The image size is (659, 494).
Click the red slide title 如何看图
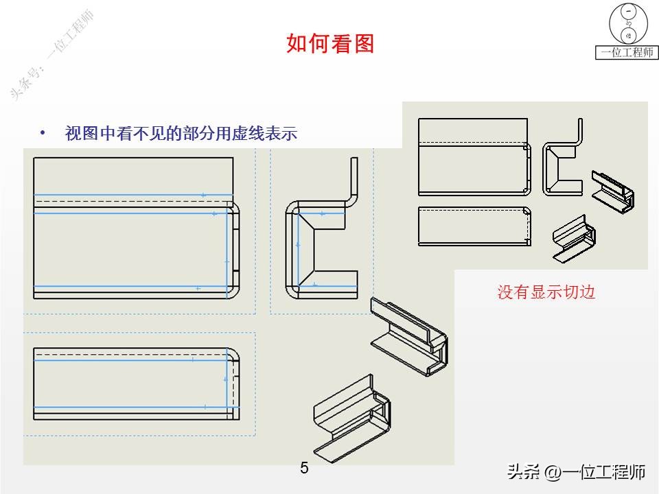tap(330, 44)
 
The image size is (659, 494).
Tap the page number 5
tap(304, 469)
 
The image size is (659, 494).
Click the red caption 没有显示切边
tap(546, 292)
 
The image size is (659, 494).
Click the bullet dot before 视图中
tap(43, 132)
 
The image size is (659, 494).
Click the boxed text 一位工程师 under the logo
tap(627, 52)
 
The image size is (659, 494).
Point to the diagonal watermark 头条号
tap(51, 55)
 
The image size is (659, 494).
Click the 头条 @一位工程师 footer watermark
tap(576, 472)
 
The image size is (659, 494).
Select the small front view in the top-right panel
tap(474, 157)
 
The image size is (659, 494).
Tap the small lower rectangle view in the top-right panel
tap(474, 226)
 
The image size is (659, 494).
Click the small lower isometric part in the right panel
tap(574, 238)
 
